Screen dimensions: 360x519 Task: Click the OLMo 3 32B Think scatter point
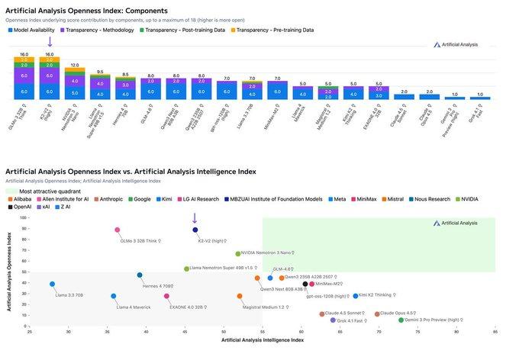(x=117, y=230)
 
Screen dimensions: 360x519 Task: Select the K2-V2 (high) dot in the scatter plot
(x=195, y=230)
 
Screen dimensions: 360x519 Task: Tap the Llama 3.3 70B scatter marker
(x=52, y=284)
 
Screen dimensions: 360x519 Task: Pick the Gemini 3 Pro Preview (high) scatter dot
(x=401, y=320)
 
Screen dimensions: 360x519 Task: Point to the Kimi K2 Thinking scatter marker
(x=355, y=295)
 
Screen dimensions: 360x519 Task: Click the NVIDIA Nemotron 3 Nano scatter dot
(x=238, y=253)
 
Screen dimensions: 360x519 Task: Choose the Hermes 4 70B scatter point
(x=140, y=275)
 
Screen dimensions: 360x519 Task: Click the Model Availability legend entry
(x=38, y=30)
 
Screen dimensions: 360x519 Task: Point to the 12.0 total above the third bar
(x=75, y=65)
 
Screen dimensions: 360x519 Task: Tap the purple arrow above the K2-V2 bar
(x=50, y=41)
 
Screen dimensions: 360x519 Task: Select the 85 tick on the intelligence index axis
(x=496, y=333)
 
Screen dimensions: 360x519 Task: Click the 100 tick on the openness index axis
(x=25, y=217)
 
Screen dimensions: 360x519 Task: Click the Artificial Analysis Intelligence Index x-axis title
(x=263, y=340)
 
